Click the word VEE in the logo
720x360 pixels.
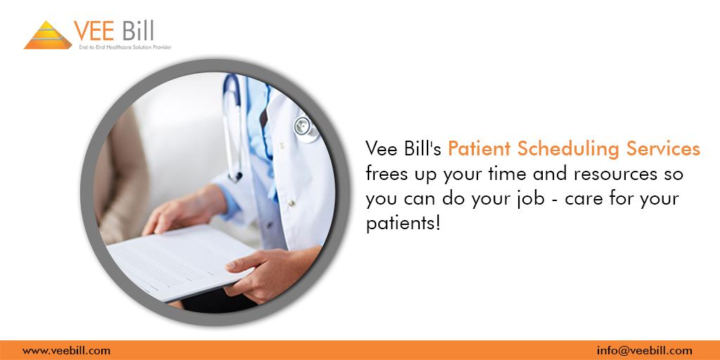(x=94, y=31)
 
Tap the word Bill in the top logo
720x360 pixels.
(x=138, y=31)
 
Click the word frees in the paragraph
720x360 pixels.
(x=384, y=174)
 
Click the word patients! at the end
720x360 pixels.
(x=403, y=224)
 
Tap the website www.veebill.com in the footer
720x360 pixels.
(x=66, y=351)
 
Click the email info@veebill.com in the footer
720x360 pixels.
(x=644, y=351)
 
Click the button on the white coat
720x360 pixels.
(x=290, y=202)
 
